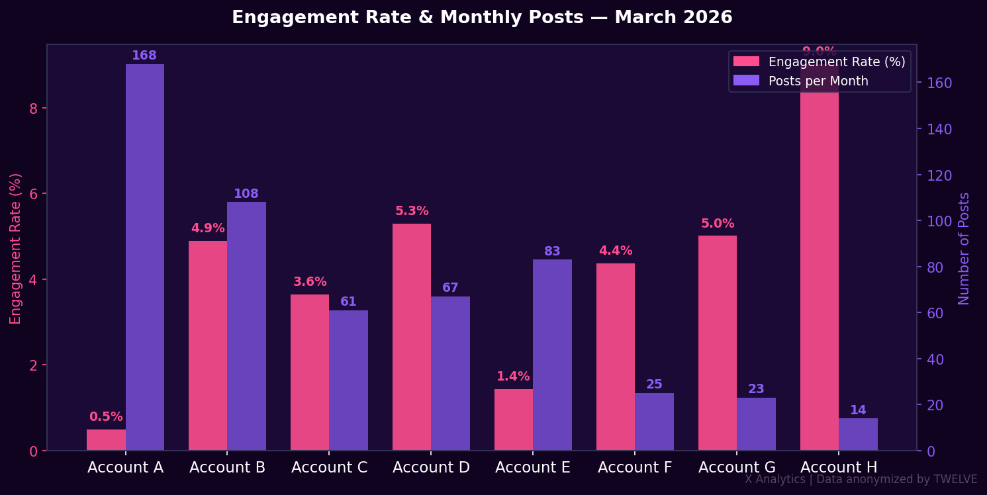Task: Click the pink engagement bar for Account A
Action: [x=106, y=440]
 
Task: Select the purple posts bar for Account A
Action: [x=145, y=257]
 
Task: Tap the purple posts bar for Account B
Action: [x=246, y=326]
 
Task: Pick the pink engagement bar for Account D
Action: [x=412, y=337]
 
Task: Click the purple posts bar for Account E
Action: [x=552, y=355]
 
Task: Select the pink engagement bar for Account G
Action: [x=718, y=343]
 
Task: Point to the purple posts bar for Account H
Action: [x=858, y=434]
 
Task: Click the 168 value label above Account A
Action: [x=144, y=56]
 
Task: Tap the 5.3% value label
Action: [x=412, y=211]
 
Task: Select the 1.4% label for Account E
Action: [x=513, y=377]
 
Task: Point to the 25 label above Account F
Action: [x=654, y=384]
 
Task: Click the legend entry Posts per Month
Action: [x=818, y=81]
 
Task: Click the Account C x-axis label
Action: [x=330, y=467]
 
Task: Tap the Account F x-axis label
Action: [x=635, y=467]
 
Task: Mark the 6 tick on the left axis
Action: [x=33, y=194]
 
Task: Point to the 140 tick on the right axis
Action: [x=939, y=129]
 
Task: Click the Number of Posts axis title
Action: [x=964, y=248]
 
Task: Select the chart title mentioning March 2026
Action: [x=482, y=18]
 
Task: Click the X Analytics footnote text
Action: [x=861, y=479]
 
